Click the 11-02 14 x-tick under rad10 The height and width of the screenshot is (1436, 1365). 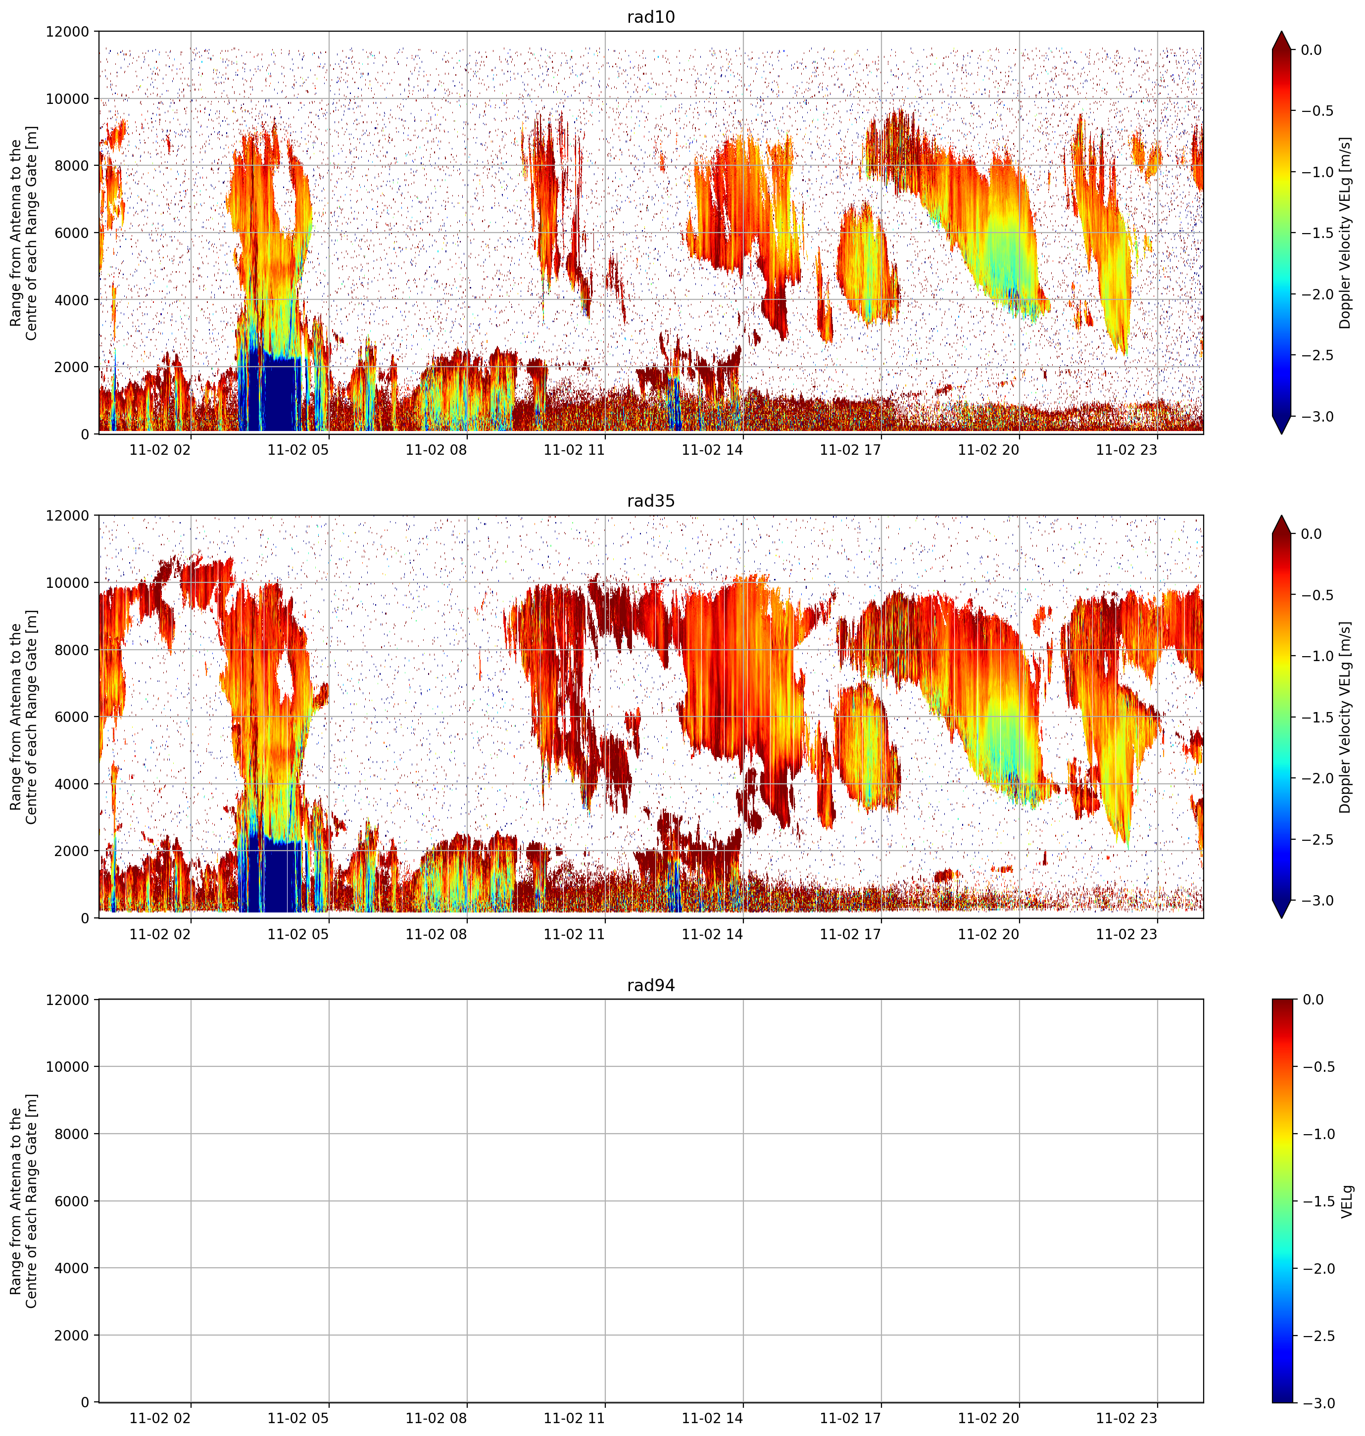(712, 450)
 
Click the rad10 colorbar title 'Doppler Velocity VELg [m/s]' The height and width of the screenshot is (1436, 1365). (1345, 233)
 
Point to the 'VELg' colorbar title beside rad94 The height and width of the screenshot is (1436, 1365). (1347, 1201)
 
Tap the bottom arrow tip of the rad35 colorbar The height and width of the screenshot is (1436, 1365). (1281, 917)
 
